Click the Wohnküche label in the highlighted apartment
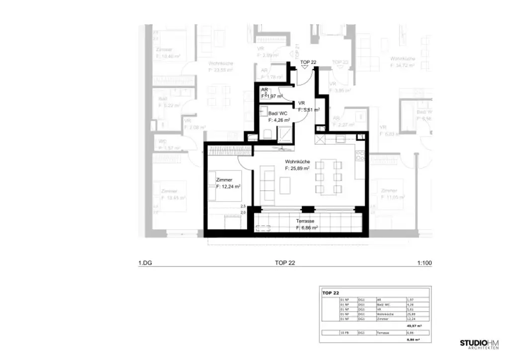(x=298, y=162)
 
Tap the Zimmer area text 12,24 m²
(x=229, y=186)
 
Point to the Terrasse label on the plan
(x=307, y=221)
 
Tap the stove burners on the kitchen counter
(x=360, y=155)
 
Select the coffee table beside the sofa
(x=285, y=185)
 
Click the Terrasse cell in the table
(x=383, y=332)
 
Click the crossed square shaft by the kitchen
(x=320, y=139)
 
